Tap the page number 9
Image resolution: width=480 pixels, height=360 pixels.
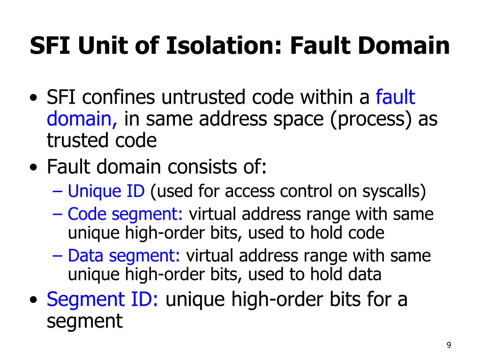449,345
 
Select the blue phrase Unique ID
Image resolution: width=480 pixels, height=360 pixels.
107,191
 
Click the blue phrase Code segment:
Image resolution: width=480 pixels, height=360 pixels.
125,214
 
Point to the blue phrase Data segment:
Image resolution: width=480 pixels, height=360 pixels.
124,256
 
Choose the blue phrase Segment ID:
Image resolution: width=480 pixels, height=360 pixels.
103,299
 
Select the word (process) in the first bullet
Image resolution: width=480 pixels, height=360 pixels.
371,119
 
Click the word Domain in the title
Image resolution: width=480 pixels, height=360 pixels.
402,46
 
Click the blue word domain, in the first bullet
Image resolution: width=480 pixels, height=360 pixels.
82,119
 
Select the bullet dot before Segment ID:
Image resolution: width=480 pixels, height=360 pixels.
33,300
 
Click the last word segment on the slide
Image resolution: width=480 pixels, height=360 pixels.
84,322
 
